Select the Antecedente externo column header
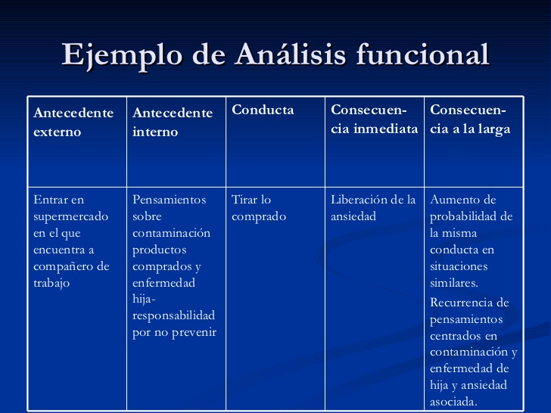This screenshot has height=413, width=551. tap(73, 122)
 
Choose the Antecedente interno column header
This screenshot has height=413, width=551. tap(173, 122)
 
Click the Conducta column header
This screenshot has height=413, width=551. tap(263, 110)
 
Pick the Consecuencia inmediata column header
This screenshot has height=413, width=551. tap(374, 120)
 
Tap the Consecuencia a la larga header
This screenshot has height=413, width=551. tap(470, 120)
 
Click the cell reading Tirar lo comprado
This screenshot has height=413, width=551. tap(259, 208)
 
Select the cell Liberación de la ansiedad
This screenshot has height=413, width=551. tap(373, 208)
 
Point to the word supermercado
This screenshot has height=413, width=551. tap(70, 216)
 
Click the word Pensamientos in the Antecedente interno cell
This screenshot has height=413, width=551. tap(169, 200)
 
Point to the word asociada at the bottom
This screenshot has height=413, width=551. tap(453, 402)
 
